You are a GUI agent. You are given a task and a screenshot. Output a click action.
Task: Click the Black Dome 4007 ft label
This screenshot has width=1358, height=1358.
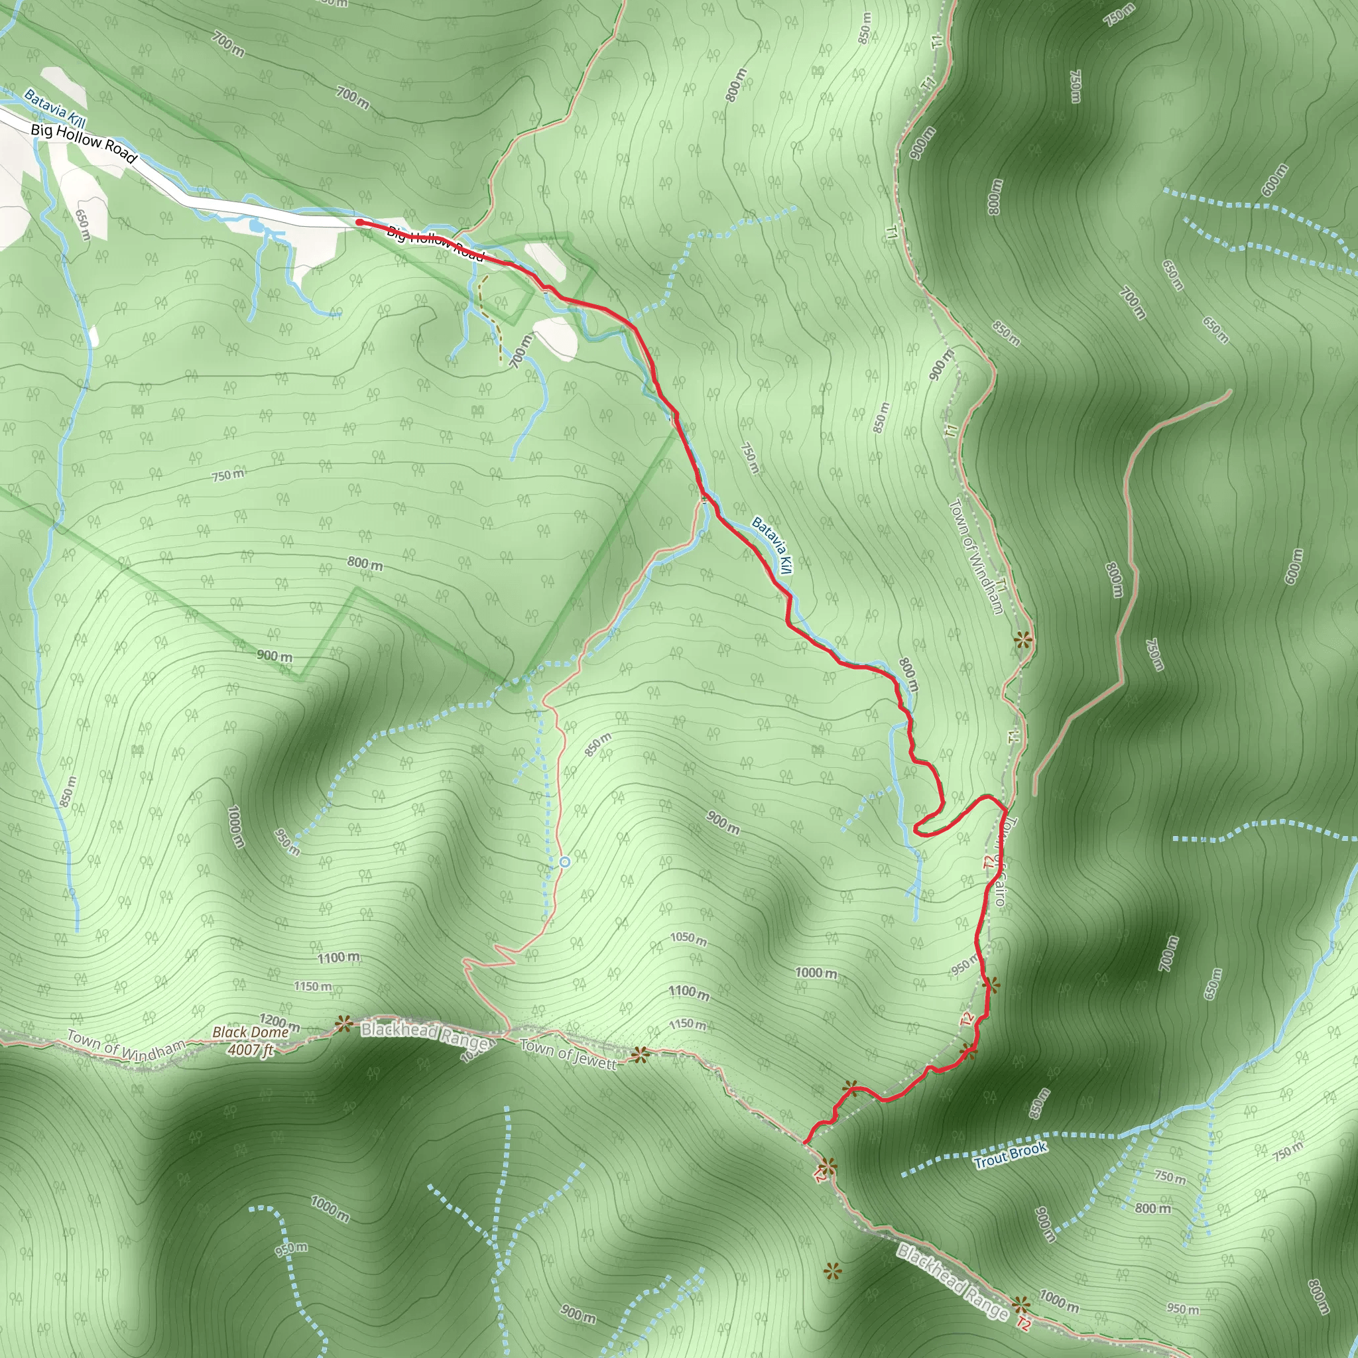(250, 1041)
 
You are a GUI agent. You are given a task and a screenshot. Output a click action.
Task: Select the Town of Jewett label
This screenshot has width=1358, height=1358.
(568, 1054)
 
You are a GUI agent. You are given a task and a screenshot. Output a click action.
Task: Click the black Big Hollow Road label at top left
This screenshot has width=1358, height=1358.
(84, 143)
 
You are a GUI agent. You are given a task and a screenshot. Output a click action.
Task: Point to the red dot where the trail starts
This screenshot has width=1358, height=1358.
(359, 222)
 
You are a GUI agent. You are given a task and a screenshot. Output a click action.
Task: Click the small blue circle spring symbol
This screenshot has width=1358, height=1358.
(564, 861)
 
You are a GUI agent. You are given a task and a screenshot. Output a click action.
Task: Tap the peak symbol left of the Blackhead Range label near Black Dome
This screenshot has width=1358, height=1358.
(343, 1024)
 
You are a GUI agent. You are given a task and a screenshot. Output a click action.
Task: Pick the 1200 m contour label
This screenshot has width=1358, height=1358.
(279, 1022)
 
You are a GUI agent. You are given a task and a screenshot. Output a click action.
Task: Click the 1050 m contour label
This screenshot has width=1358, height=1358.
(688, 938)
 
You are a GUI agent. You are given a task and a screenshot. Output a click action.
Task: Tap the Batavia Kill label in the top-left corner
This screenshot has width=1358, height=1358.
(55, 108)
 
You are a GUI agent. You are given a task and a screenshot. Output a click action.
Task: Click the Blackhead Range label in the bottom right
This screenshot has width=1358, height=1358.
(952, 1280)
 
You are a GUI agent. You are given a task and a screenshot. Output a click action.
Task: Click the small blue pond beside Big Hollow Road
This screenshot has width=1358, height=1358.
(256, 225)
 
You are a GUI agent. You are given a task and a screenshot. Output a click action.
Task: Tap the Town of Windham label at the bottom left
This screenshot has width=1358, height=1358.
(127, 1046)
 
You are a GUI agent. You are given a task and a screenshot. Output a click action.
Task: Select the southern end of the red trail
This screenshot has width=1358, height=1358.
(805, 1142)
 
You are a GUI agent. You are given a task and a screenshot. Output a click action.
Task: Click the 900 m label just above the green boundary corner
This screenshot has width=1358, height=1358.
(274, 656)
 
